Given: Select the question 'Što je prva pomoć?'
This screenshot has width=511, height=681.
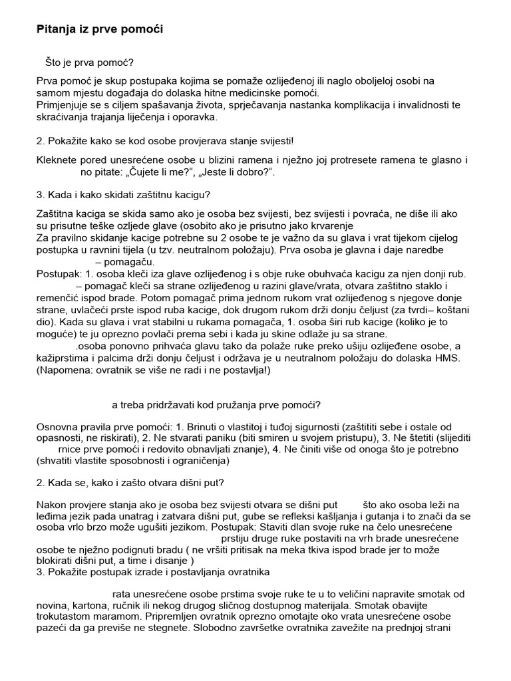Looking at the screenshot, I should [90, 63].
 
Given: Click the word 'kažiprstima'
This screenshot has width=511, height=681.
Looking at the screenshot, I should [63, 358].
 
